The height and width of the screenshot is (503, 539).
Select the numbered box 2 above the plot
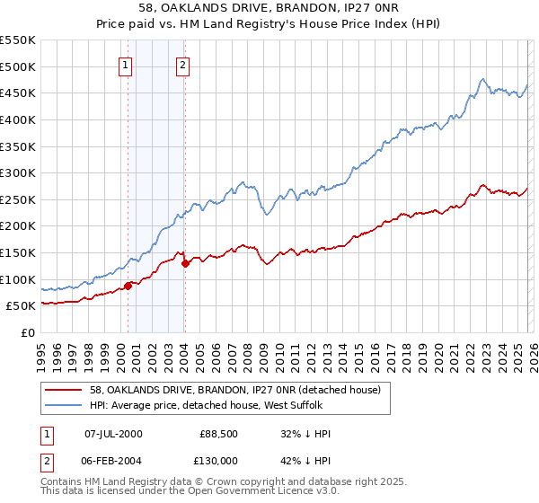pyautogui.click(x=182, y=64)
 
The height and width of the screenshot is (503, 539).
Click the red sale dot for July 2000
pyautogui.click(x=128, y=285)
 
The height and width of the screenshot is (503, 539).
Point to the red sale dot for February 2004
pyautogui.click(x=185, y=263)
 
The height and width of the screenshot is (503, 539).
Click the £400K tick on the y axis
pyautogui.click(x=18, y=119)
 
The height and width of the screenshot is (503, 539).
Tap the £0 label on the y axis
pyautogui.click(x=27, y=332)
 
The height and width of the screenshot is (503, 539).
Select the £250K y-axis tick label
pyautogui.click(x=18, y=199)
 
